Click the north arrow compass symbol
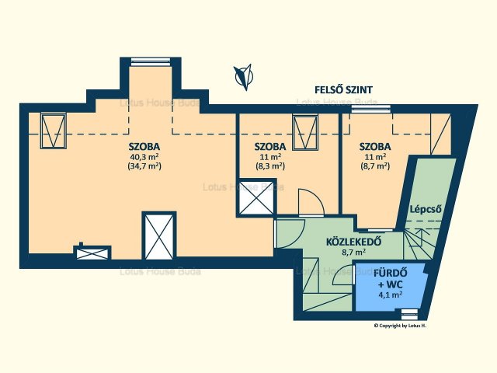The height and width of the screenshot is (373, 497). (244, 77)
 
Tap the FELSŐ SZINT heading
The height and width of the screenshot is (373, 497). (343, 90)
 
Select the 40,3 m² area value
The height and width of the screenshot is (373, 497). (144, 157)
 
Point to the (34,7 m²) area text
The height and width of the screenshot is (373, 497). (144, 166)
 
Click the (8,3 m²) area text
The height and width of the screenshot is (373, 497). (270, 166)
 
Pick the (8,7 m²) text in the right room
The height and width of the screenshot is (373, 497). (375, 166)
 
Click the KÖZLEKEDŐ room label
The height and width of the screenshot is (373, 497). (354, 242)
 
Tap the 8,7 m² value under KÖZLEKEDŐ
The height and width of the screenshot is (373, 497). (354, 253)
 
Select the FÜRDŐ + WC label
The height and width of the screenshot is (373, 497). (391, 278)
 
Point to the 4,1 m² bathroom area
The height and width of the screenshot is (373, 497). (391, 295)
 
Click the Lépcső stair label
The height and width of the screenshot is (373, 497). (426, 209)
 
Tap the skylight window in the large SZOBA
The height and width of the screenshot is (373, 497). (54, 131)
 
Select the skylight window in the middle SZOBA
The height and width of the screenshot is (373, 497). (305, 133)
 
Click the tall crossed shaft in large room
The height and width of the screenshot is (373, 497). (159, 236)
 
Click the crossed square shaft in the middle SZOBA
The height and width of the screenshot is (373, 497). (256, 198)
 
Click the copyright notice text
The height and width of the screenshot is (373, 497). (400, 326)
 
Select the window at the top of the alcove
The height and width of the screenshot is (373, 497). (151, 61)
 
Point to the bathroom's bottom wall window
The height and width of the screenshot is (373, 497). (409, 314)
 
